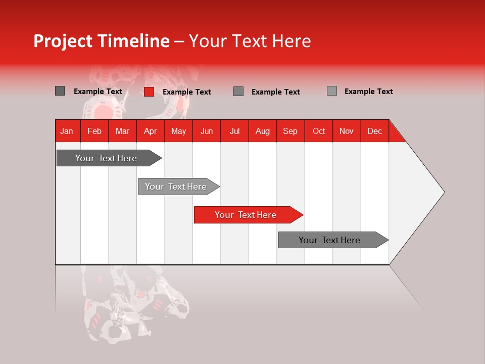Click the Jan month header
[67, 131]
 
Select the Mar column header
[122, 131]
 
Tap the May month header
[178, 131]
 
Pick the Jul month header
[234, 131]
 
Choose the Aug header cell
[262, 131]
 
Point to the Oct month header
[318, 131]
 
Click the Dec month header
[374, 131]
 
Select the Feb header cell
[94, 131]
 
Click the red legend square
[149, 92]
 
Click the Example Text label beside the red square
[186, 92]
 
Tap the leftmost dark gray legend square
[60, 91]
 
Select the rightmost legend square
[331, 91]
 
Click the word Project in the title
[63, 41]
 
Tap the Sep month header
[290, 131]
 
